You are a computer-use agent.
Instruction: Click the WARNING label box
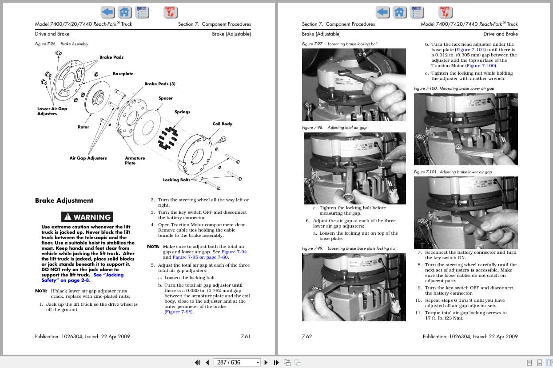(87, 217)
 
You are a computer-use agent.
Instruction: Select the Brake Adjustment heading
(64, 200)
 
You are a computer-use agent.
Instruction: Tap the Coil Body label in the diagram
(222, 124)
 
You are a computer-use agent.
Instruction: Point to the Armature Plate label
(135, 160)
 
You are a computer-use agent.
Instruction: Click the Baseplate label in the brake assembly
(123, 74)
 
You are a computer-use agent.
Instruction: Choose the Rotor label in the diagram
(84, 127)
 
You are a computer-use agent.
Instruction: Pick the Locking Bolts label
(176, 180)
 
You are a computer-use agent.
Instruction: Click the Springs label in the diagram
(182, 112)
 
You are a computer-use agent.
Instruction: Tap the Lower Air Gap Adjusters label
(52, 111)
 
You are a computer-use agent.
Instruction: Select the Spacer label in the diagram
(165, 98)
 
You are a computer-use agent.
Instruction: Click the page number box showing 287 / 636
(237, 362)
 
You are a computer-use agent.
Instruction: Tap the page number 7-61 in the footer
(246, 336)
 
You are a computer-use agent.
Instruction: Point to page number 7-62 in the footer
(307, 336)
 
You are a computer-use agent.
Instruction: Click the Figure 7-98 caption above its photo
(334, 128)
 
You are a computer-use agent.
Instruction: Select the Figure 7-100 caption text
(454, 88)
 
